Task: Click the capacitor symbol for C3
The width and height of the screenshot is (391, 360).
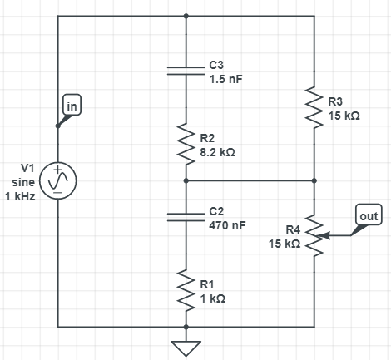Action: click(x=186, y=71)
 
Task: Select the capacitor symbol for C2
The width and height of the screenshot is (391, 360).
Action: click(x=186, y=218)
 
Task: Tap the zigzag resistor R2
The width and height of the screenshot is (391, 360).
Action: click(x=186, y=144)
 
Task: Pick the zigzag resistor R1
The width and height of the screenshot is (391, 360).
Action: click(x=186, y=290)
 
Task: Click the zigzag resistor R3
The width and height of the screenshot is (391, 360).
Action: click(x=314, y=107)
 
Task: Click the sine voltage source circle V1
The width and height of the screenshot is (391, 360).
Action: click(x=58, y=180)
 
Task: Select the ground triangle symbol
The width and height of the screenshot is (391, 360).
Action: click(x=186, y=348)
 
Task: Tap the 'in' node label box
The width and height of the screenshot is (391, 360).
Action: click(x=72, y=105)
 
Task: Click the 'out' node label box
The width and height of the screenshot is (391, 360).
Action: click(x=369, y=215)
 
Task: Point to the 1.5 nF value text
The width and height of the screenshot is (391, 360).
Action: click(x=225, y=80)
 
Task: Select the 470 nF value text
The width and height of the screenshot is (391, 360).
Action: click(x=227, y=225)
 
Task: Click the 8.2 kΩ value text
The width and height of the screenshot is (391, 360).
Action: click(x=217, y=152)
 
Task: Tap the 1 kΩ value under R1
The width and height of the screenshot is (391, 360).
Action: click(x=213, y=298)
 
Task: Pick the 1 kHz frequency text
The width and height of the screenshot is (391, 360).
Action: click(x=20, y=196)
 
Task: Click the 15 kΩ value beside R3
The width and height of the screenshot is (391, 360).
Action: click(x=344, y=116)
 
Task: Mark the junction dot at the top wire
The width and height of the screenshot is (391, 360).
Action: click(x=186, y=16)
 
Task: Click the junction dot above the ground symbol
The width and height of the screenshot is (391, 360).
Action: click(x=186, y=328)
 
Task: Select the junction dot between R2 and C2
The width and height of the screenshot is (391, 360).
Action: click(x=186, y=180)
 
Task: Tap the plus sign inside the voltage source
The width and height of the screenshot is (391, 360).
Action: click(x=58, y=170)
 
